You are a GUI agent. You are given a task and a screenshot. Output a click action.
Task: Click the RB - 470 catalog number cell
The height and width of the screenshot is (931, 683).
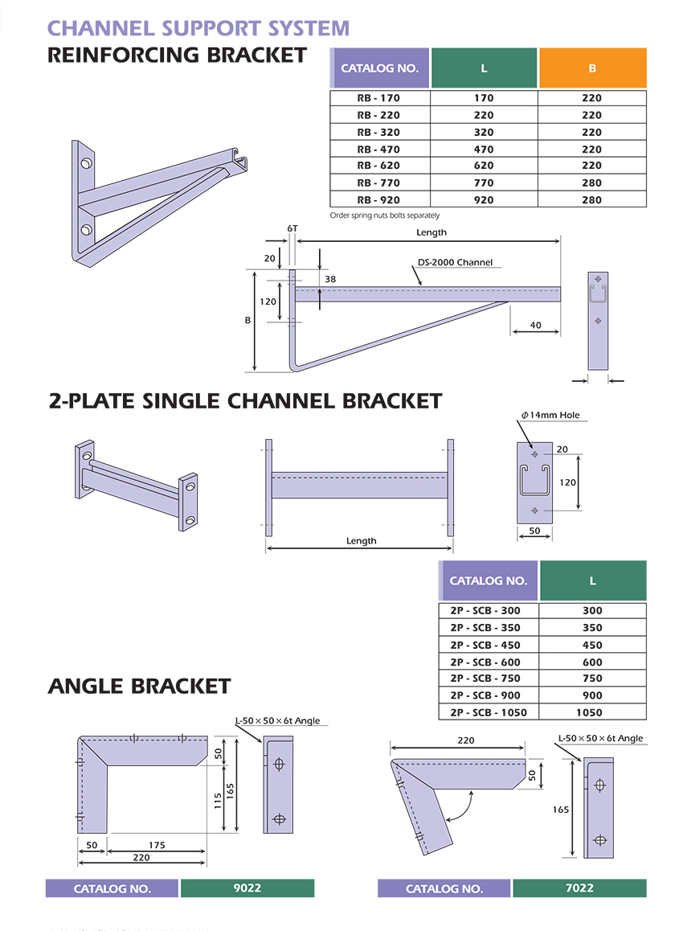click(378, 149)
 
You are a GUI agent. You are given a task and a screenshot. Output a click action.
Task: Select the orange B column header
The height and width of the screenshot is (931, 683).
click(592, 68)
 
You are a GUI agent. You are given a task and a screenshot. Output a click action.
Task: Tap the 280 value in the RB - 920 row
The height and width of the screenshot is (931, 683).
click(591, 200)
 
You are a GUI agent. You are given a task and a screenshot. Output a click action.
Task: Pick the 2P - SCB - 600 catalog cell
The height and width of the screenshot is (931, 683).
click(485, 662)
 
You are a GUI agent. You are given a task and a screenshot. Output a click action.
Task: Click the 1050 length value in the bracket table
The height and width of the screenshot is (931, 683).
click(589, 712)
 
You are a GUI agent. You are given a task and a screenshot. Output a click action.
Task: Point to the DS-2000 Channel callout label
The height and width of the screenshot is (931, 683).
click(455, 262)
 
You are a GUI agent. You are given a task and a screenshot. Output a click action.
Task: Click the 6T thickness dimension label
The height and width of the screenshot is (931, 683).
click(292, 228)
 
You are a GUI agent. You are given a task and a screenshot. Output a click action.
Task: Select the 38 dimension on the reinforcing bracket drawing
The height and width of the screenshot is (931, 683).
click(330, 279)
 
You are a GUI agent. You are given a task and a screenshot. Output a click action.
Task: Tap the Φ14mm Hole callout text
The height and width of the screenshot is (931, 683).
click(550, 415)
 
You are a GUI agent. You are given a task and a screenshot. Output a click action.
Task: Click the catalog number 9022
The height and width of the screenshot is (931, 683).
click(247, 888)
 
